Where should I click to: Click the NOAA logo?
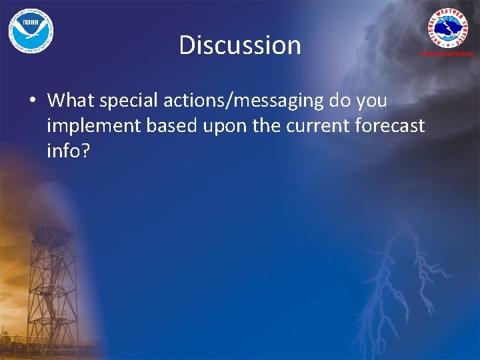click(x=31, y=31)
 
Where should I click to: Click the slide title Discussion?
click(x=240, y=45)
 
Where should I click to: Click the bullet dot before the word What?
click(x=32, y=101)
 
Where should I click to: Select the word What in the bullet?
click(x=71, y=101)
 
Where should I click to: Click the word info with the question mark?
click(x=67, y=151)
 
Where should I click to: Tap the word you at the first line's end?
click(x=371, y=101)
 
